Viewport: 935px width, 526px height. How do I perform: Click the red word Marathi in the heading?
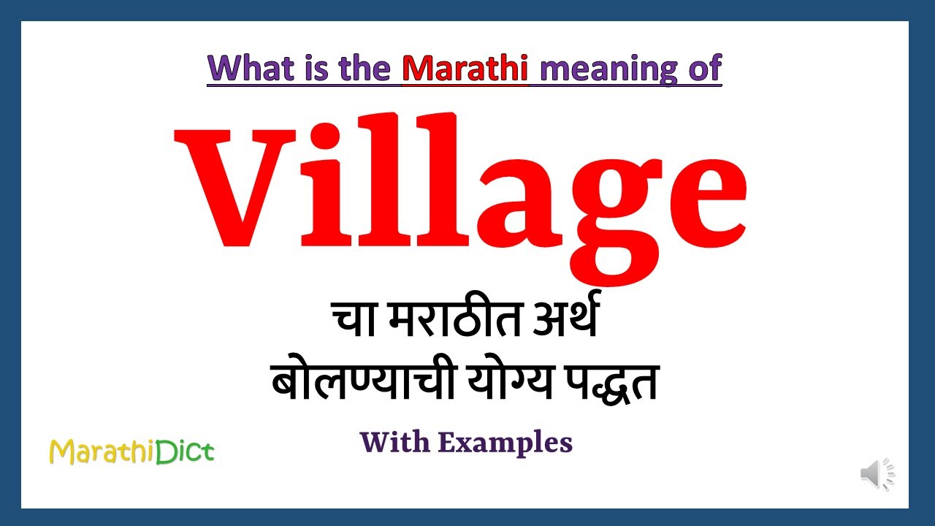pos(465,68)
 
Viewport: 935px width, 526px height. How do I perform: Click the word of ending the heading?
pos(703,68)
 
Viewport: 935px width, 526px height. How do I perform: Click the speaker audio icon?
pos(877,474)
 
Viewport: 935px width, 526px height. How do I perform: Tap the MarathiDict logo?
pos(131,451)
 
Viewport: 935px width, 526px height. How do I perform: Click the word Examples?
pos(505,443)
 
